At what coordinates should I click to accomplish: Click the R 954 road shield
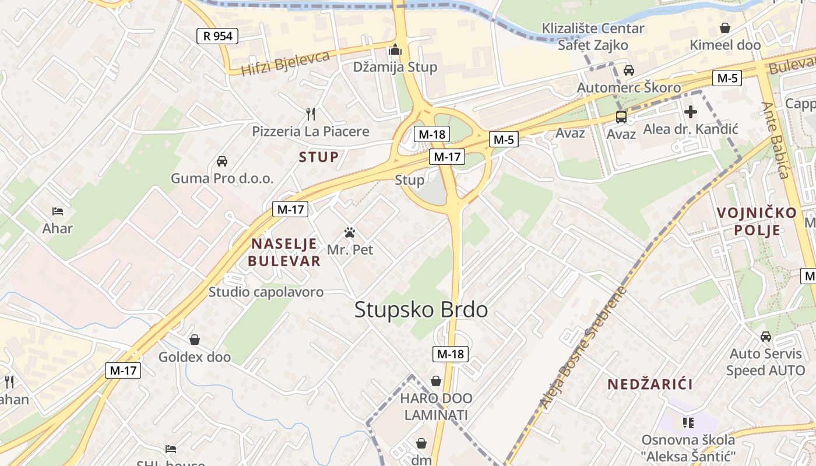217,36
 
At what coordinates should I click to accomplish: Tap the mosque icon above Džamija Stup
396,50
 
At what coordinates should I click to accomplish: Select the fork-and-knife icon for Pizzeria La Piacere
311,114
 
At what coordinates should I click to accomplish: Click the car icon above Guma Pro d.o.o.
221,161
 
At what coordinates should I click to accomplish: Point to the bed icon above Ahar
57,211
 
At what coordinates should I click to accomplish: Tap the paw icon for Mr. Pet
350,232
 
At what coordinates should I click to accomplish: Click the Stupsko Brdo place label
421,309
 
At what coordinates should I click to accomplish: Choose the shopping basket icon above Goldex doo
195,339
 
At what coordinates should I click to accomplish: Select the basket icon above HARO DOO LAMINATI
436,381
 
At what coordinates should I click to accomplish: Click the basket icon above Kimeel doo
725,27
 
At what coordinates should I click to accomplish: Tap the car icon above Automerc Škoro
628,70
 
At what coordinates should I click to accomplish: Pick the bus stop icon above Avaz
621,116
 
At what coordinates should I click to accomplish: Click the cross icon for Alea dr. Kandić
691,111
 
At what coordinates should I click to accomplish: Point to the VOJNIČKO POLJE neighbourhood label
757,221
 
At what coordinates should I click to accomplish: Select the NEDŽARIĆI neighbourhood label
650,384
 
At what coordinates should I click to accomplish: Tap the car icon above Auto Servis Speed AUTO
766,336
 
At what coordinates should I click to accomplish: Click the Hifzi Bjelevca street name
286,63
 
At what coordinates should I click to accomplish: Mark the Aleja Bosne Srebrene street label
582,349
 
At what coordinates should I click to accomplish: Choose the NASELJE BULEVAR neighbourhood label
284,252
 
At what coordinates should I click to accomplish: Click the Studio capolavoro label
266,292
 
